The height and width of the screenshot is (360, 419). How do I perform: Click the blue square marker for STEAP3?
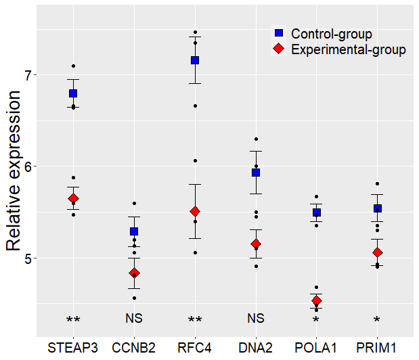73,93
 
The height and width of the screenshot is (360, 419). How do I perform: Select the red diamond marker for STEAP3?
73,198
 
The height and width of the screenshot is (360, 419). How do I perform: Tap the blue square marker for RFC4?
195,60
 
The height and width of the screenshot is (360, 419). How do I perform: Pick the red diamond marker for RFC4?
195,212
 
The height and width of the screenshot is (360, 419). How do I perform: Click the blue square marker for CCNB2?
134,231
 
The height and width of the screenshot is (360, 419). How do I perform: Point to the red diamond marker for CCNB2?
134,273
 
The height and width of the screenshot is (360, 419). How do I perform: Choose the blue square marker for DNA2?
256,173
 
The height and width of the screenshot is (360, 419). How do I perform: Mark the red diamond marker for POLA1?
316,300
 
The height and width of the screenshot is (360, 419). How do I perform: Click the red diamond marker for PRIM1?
377,252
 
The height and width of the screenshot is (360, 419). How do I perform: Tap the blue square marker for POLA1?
316,212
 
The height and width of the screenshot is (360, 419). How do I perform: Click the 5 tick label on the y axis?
26,258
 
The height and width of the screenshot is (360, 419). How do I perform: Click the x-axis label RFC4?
195,348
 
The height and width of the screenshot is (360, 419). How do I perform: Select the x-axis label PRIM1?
377,348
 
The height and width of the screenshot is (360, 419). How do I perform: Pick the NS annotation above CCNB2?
134,318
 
